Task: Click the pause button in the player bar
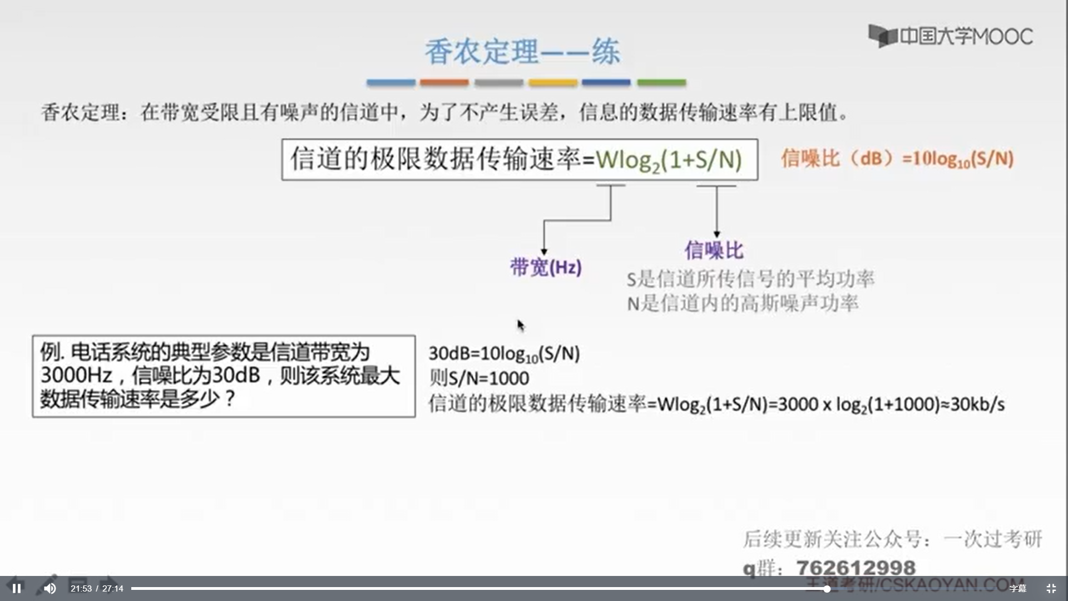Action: click(x=17, y=588)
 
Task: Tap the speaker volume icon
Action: click(x=50, y=588)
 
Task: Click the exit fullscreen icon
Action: click(x=1051, y=588)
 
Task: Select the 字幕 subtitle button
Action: click(x=1017, y=588)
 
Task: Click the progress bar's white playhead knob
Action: click(x=827, y=588)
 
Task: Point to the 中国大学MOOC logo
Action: click(x=951, y=36)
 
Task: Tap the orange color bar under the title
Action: click(x=444, y=82)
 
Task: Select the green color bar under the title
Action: click(x=661, y=82)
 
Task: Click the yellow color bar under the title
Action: click(x=552, y=82)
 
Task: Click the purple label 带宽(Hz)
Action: click(x=546, y=268)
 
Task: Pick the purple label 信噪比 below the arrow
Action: click(x=714, y=250)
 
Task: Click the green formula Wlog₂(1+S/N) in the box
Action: click(x=669, y=160)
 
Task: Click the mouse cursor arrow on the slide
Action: click(x=520, y=325)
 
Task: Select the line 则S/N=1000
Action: click(x=479, y=378)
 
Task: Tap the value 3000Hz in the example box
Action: click(x=76, y=376)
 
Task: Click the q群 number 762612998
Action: click(x=856, y=568)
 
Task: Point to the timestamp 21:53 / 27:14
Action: click(x=97, y=588)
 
